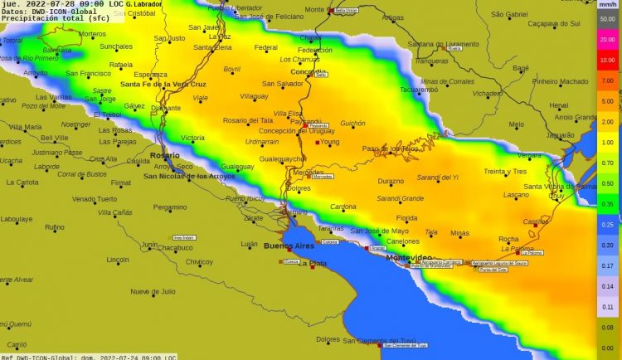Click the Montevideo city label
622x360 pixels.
point(410,258)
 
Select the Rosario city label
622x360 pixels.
point(164,155)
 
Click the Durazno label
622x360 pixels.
point(391,181)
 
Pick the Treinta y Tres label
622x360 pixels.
point(505,172)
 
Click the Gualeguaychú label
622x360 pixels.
point(283,158)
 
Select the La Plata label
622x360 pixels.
point(313,263)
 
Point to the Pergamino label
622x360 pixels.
point(170,207)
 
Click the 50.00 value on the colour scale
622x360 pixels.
point(607,17)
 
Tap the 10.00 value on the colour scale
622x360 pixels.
point(607,60)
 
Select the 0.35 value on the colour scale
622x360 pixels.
point(607,204)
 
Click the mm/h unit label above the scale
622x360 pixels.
point(607,5)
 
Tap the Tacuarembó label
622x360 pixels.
point(419,89)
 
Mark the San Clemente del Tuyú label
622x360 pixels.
point(380,340)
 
